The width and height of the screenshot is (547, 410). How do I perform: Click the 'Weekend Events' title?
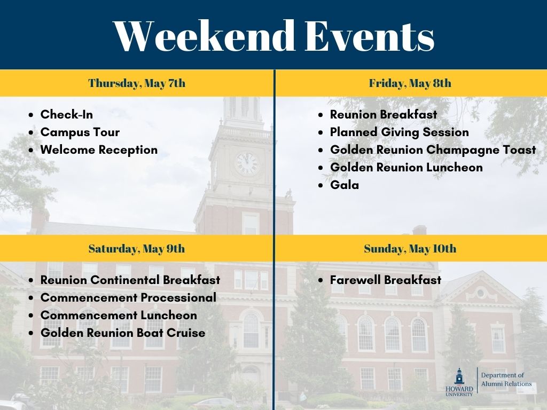click(274, 36)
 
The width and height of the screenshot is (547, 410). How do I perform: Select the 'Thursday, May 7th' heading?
click(137, 83)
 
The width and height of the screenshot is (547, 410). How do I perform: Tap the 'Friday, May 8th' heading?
click(410, 83)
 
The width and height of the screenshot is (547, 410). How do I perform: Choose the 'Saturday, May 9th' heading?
click(137, 249)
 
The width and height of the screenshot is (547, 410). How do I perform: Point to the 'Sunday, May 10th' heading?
click(410, 249)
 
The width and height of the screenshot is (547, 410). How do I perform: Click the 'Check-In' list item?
click(67, 114)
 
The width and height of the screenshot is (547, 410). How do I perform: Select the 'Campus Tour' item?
click(80, 132)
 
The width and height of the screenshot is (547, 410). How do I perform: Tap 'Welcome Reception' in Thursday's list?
click(99, 150)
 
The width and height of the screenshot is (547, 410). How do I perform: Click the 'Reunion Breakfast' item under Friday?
click(384, 114)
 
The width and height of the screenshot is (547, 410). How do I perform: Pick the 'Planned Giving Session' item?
click(400, 132)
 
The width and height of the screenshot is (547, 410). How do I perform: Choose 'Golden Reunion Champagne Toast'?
click(433, 150)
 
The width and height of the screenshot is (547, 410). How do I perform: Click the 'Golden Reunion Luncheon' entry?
click(407, 167)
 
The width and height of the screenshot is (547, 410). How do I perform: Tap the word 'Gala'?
click(345, 185)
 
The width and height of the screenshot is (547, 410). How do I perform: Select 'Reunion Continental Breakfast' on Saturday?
click(130, 280)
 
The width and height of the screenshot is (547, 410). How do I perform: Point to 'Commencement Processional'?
click(128, 297)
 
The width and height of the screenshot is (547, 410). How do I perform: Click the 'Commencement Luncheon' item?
click(119, 315)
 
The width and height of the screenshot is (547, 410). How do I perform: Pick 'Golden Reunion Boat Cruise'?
click(123, 333)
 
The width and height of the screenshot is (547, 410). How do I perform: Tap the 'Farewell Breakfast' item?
click(386, 280)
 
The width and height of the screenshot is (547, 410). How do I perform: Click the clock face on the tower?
click(247, 164)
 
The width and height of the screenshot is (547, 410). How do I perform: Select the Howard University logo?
click(459, 382)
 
